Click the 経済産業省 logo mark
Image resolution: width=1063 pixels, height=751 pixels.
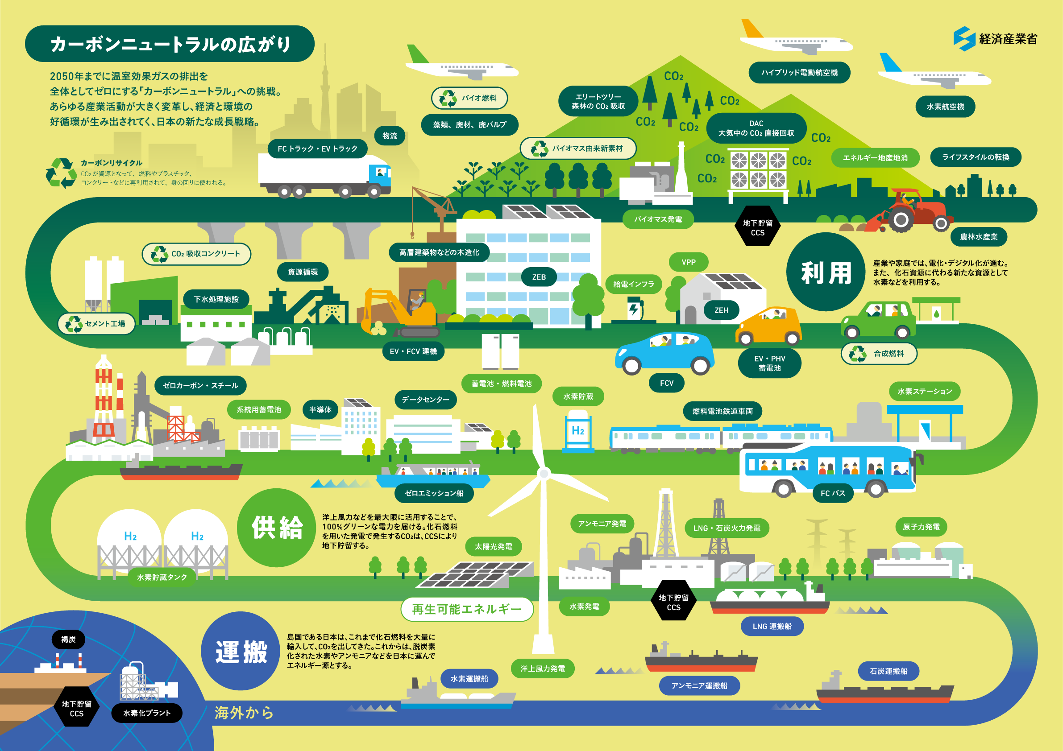click(964, 38)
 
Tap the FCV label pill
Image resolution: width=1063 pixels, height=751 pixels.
click(667, 383)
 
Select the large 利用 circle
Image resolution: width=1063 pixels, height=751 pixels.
click(826, 272)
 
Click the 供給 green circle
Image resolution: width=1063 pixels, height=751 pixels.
click(277, 528)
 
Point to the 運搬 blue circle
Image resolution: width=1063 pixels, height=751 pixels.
click(241, 651)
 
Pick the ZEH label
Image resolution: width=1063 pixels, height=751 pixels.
click(721, 310)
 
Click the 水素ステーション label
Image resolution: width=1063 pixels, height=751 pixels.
click(925, 392)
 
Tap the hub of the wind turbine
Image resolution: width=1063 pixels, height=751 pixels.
click(544, 473)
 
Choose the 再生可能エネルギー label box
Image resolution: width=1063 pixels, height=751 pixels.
click(467, 609)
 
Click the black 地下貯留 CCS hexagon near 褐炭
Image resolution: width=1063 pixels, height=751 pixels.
click(77, 708)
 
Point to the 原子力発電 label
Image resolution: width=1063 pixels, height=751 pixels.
click(922, 527)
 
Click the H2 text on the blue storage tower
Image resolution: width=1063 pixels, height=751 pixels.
click(578, 431)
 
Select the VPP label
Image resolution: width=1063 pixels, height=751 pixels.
click(689, 262)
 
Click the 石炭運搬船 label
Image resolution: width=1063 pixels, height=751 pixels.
click(889, 671)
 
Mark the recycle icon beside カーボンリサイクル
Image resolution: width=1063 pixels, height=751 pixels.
click(62, 173)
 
